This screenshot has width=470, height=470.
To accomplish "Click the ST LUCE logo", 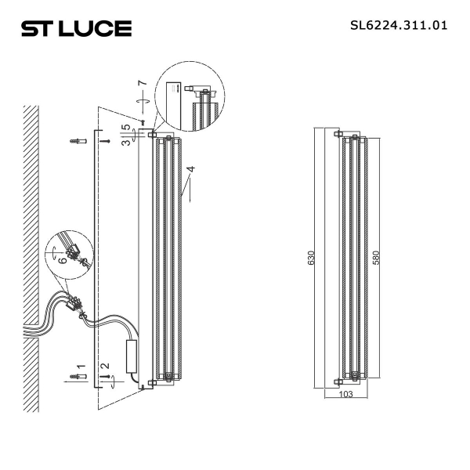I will (75, 29).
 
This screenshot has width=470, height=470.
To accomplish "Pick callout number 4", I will (189, 169).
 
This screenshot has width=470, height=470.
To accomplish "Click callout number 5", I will (125, 128).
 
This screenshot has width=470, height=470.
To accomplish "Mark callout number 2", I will (103, 367).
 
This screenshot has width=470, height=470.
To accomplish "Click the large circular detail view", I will (190, 99).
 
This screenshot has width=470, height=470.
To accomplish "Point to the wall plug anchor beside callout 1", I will (77, 378).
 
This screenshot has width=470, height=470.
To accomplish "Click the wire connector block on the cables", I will (76, 302).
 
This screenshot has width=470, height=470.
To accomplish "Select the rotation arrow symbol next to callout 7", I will (141, 100).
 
